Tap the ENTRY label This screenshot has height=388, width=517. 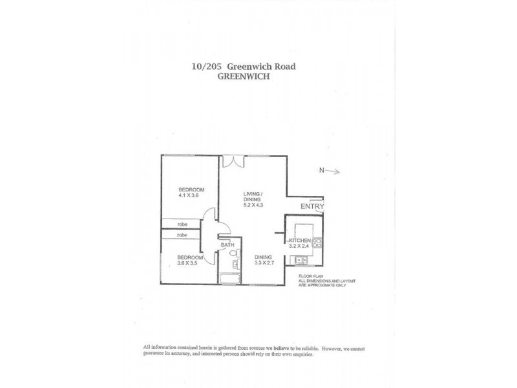[x=312, y=206]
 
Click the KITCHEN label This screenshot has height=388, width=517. [x=301, y=240]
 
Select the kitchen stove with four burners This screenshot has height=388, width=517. [x=317, y=243]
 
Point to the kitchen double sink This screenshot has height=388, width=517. [x=301, y=260]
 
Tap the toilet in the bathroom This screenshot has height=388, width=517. [x=237, y=255]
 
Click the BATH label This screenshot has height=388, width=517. [x=227, y=245]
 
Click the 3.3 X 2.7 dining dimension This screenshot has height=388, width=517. [x=266, y=264]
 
